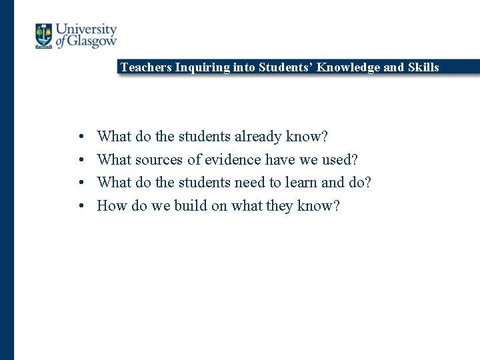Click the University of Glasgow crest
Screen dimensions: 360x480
click(x=44, y=35)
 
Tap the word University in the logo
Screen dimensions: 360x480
click(x=86, y=29)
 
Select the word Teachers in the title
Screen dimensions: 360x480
click(x=146, y=67)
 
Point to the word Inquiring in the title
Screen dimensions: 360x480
click(x=199, y=67)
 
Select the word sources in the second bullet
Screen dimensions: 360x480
click(x=159, y=160)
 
